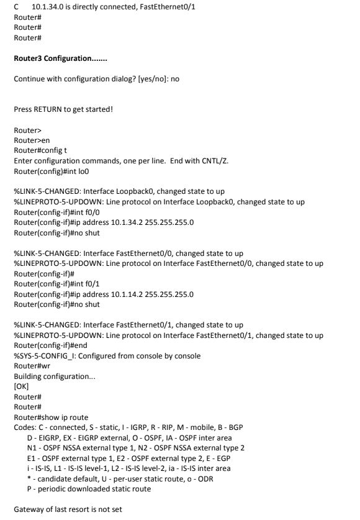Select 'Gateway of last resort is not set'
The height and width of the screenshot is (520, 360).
tap(68, 509)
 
